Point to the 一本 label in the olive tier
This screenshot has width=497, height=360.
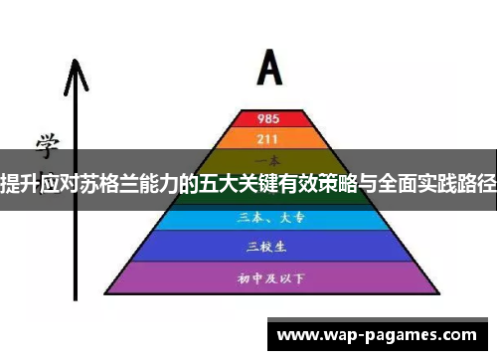point(268,160)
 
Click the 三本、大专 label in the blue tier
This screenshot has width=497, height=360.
point(268,218)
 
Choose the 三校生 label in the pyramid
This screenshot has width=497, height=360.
point(268,245)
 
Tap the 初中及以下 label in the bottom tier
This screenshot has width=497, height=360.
point(268,277)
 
